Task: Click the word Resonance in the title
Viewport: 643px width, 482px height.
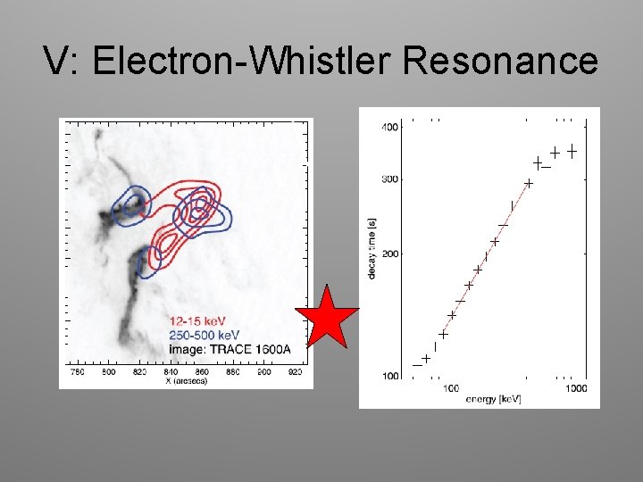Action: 501,62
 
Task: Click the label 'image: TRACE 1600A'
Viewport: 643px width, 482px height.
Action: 229,347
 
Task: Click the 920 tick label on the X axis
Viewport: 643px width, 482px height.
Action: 296,371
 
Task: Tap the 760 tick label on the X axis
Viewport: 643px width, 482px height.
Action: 78,371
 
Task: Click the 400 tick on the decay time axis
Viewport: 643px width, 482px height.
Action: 389,127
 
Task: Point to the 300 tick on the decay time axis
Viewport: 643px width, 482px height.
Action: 389,179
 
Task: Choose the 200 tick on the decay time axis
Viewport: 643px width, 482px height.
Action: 389,254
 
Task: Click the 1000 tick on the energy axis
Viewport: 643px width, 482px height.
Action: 576,388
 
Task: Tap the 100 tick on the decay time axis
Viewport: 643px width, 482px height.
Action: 389,376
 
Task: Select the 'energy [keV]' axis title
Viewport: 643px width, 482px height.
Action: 493,399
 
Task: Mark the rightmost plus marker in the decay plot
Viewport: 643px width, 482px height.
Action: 572,152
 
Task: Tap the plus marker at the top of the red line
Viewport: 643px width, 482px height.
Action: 529,183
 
